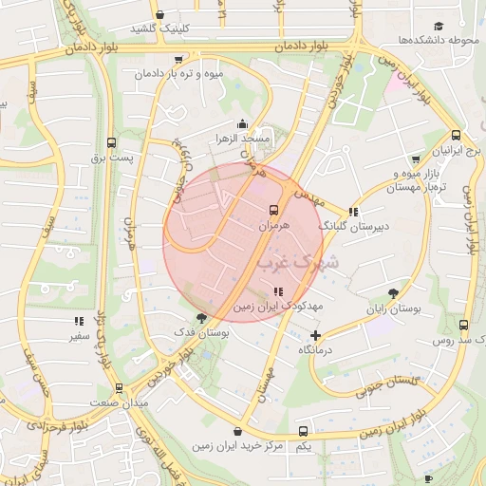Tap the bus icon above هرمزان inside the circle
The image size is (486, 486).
coord(274,210)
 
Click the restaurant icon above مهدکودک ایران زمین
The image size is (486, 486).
coord(277,291)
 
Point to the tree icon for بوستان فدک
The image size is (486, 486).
coord(200,318)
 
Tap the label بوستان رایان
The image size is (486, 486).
coord(394,308)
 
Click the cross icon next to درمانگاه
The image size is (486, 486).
coord(316,335)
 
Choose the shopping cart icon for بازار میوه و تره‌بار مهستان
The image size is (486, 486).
coord(414,159)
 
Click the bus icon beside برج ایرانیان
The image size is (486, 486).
coord(456,136)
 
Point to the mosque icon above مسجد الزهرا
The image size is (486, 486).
coord(243,122)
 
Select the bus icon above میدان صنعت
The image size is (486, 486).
coord(119,388)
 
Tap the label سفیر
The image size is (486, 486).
coord(79,335)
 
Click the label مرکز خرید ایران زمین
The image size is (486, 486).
coord(237,444)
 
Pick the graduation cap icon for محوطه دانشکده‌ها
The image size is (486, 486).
coord(439,26)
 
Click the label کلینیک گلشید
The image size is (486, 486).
coord(156,28)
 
